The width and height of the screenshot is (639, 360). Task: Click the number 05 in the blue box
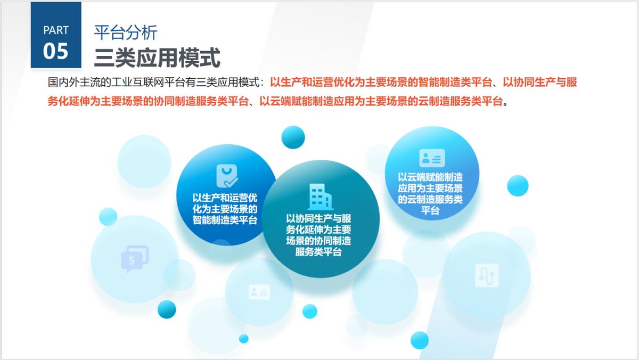pyautogui.click(x=56, y=51)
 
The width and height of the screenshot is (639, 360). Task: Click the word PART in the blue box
pyautogui.click(x=56, y=30)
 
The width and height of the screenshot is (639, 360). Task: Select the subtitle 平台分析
pyautogui.click(x=126, y=32)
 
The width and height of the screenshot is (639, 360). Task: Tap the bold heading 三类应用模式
pyautogui.click(x=157, y=58)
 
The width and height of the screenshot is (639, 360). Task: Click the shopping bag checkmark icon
pyautogui.click(x=227, y=176)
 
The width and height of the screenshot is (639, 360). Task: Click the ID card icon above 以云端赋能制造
pyautogui.click(x=432, y=158)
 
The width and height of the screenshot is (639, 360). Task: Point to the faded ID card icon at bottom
pyautogui.click(x=259, y=291)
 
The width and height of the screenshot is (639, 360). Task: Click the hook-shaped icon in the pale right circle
pyautogui.click(x=486, y=275)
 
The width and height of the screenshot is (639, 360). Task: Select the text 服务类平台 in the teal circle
pyautogui.click(x=318, y=252)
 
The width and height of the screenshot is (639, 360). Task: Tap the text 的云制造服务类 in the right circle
pyautogui.click(x=430, y=199)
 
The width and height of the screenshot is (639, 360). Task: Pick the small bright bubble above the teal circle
pyautogui.click(x=293, y=137)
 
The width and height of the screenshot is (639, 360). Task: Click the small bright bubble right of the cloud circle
pyautogui.click(x=518, y=185)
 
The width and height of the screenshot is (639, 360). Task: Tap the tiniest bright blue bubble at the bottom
pyautogui.click(x=243, y=338)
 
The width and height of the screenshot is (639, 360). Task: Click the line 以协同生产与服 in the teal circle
pyautogui.click(x=318, y=218)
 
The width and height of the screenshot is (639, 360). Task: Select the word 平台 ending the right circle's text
pyautogui.click(x=430, y=210)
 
